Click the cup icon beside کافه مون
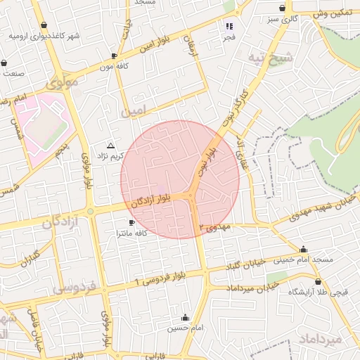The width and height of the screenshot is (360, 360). click(115, 55)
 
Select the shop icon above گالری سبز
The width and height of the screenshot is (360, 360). click(282, 8)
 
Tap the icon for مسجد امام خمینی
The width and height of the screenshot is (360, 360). click(303, 249)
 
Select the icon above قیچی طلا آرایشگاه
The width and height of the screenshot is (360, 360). click(318, 281)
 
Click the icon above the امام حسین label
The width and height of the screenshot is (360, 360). click(185, 317)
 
